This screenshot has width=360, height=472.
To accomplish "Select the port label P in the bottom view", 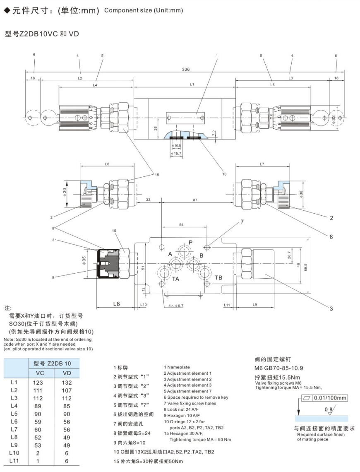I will pyautogui.click(x=190, y=242).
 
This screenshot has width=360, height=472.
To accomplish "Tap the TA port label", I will pyautogui.click(x=176, y=279).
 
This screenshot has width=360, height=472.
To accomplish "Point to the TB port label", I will pyautogui.click(x=218, y=277).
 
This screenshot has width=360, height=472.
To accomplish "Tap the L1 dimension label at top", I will pyautogui.click(x=192, y=84).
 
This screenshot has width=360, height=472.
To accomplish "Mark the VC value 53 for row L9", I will pyautogui.click(x=38, y=445).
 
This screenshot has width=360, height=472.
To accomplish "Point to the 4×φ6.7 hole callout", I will pyautogui.click(x=177, y=306).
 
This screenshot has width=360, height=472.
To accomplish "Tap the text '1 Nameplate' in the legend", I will pyautogui.click(x=177, y=367).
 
